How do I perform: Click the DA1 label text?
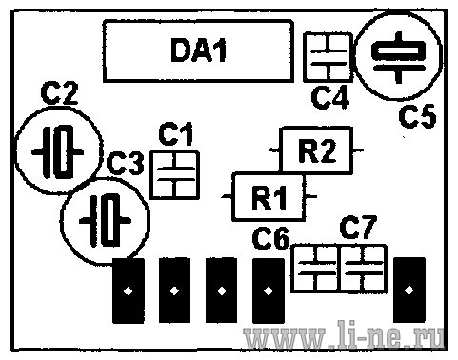[x=199, y=50]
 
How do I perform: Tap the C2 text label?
[x=59, y=93]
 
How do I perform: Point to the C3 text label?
[x=126, y=164]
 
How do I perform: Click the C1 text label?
[x=176, y=133]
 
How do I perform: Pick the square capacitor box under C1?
[x=150, y=174]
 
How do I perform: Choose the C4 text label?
[x=330, y=96]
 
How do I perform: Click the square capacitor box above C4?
[x=305, y=57]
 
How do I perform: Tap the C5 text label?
[x=418, y=116]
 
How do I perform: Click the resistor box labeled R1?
[x=233, y=197]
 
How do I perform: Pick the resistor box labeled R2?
[x=280, y=150]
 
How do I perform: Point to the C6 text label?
[x=271, y=238]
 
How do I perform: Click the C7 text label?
[x=358, y=227]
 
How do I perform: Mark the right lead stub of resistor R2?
[x=358, y=150]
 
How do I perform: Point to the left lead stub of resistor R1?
[x=227, y=197]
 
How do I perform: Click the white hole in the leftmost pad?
[x=129, y=290]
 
